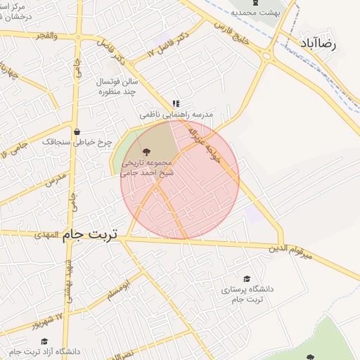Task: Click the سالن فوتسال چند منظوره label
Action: click(116, 86)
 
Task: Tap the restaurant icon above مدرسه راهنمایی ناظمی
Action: click(176, 103)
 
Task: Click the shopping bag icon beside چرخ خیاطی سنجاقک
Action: click(77, 131)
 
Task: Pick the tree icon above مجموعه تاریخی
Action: click(146, 151)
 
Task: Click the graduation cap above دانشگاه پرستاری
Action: click(246, 278)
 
